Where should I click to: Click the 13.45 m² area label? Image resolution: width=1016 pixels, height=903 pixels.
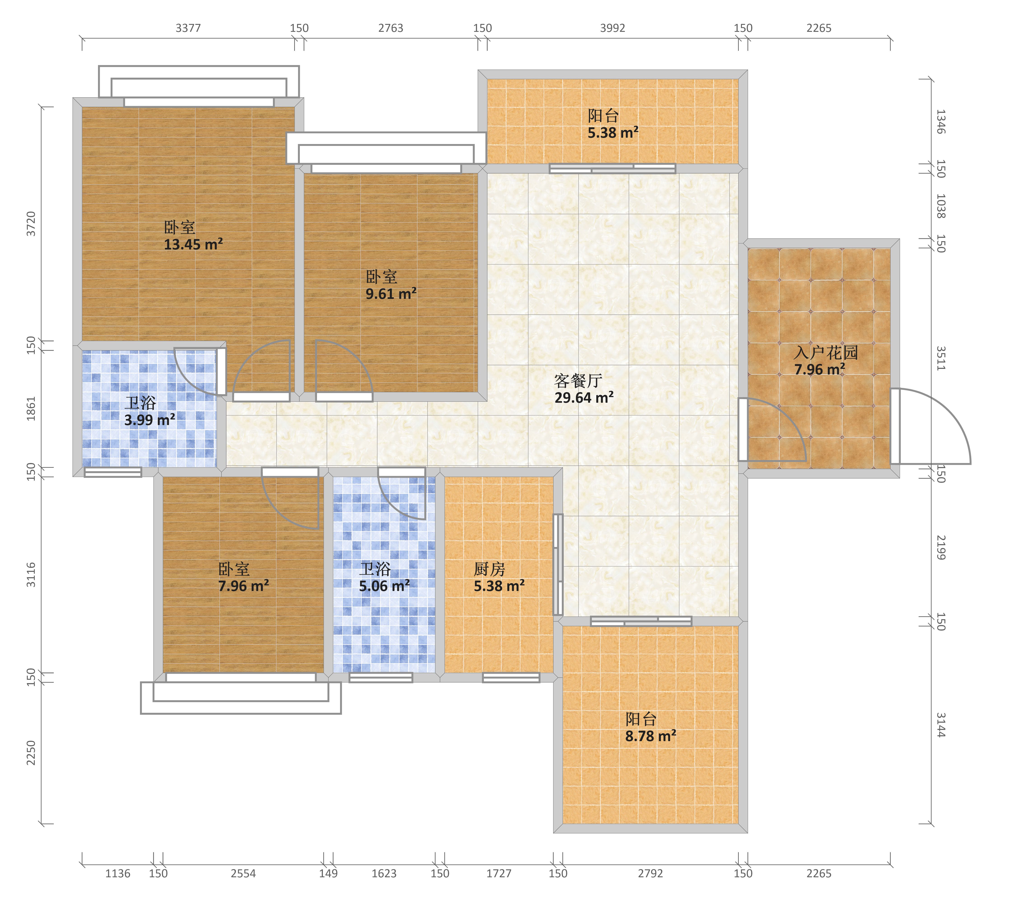coord(193,244)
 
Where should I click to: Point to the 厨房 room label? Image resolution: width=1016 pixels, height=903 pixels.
coord(490,569)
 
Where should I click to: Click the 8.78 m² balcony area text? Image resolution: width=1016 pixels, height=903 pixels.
coord(651,736)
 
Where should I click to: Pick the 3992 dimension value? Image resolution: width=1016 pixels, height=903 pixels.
coord(612,28)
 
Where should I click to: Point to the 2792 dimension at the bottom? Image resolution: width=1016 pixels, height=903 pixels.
coord(651,873)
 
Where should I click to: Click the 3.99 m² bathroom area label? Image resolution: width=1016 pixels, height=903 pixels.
coord(150,420)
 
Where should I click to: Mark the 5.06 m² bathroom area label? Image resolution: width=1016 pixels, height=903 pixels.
coord(384,586)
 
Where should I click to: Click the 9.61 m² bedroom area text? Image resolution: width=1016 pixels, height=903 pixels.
coord(391,294)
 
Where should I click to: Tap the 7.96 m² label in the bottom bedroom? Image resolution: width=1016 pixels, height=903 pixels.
coord(244,586)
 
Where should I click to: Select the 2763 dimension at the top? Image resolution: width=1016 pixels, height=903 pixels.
coord(391,28)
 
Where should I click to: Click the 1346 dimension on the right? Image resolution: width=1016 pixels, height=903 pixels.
coord(940,122)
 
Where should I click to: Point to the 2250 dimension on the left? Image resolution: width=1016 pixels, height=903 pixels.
coord(31,753)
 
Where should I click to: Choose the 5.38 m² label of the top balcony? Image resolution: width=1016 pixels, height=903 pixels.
coord(613,133)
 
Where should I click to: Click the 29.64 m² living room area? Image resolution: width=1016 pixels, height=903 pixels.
coord(584,398)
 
